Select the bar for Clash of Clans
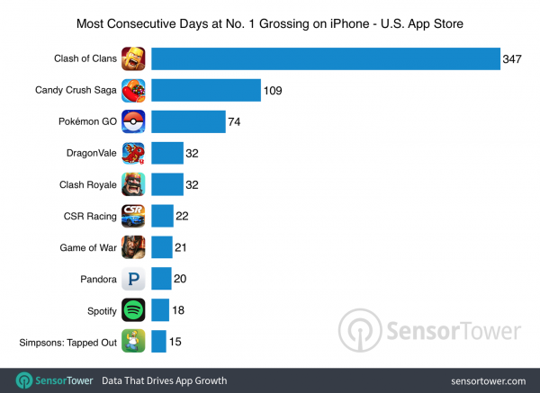(325, 59)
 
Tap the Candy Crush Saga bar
(204, 90)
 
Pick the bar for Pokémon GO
(188, 121)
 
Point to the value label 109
(274, 90)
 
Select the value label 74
(236, 121)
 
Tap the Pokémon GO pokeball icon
(134, 121)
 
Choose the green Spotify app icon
(134, 310)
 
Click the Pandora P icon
(134, 279)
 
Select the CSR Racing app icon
(134, 216)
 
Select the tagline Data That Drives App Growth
(164, 380)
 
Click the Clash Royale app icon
(134, 184)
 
